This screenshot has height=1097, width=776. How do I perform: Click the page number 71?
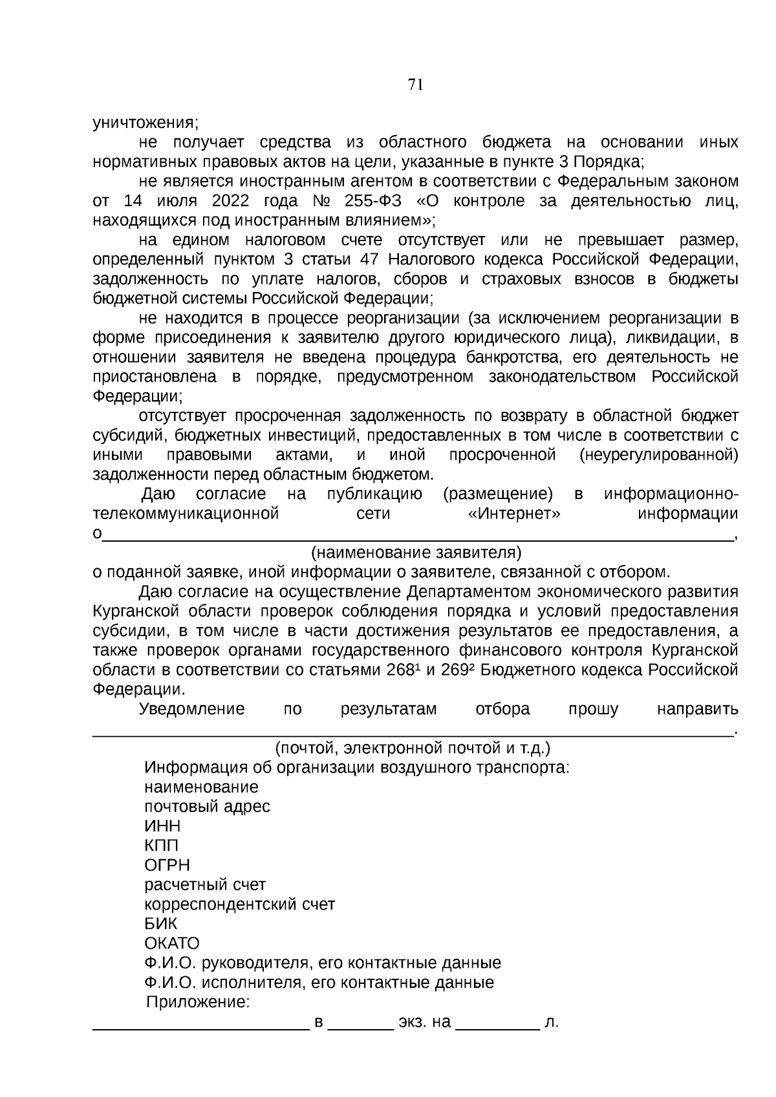(x=416, y=84)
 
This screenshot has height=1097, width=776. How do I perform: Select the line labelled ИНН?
(x=162, y=826)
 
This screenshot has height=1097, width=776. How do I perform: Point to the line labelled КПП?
(x=161, y=846)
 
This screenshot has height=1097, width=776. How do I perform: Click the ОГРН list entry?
(x=167, y=865)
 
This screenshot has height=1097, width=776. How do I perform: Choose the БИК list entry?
(x=160, y=924)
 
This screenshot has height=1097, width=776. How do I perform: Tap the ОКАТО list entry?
(x=171, y=943)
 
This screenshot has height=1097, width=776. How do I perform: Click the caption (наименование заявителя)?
(x=416, y=553)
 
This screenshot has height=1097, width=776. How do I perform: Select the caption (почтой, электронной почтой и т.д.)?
(x=413, y=749)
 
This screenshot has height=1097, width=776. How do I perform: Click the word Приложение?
(x=198, y=1003)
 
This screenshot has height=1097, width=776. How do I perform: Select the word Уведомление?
(x=192, y=709)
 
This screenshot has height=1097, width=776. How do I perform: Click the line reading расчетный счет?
(x=205, y=884)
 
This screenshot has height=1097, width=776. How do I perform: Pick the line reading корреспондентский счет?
(x=239, y=904)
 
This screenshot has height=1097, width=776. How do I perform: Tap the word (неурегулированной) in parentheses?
(x=659, y=455)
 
